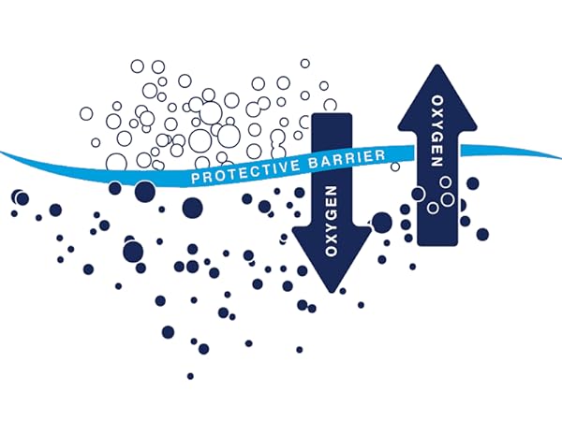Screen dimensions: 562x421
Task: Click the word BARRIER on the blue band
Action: point(347,159)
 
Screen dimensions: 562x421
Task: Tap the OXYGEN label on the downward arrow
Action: point(331,221)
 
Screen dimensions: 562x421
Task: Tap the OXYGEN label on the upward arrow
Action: point(436,131)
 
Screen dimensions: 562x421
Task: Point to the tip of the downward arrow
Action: point(332,292)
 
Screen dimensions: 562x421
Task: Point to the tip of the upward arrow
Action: point(436,65)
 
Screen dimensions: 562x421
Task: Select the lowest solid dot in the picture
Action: point(190,376)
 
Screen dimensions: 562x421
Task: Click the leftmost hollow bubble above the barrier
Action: point(86,113)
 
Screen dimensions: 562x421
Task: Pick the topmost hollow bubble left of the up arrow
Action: point(305,64)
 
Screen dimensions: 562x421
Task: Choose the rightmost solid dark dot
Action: point(482,235)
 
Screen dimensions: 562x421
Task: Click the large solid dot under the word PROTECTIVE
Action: point(192,208)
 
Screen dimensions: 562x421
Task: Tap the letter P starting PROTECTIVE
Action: point(195,178)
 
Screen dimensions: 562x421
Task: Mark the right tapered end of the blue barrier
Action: point(560,157)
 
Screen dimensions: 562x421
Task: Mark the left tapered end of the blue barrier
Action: point(2,153)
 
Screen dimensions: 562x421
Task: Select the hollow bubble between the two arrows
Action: point(395,167)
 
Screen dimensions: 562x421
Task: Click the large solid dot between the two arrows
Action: point(381,223)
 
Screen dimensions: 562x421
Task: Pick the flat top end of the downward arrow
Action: point(332,114)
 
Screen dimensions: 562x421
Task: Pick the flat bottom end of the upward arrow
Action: point(437,244)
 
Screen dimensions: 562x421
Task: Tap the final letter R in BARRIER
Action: point(381,155)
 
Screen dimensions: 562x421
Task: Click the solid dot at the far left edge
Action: point(14,213)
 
